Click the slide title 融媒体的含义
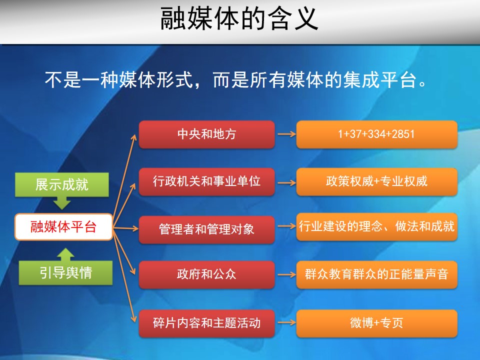[x=239, y=19]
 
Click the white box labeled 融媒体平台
[x=63, y=227]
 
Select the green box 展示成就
[x=62, y=184]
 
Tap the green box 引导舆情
[x=65, y=273]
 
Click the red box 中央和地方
[x=206, y=134]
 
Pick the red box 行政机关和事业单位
[x=206, y=181]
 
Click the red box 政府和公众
[x=206, y=274]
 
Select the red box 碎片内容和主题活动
[x=206, y=323]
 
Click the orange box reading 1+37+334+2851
[x=377, y=134]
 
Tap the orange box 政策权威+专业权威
[x=377, y=181]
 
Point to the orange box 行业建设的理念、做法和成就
[x=377, y=226]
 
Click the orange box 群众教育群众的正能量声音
[x=377, y=274]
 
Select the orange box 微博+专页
[x=377, y=323]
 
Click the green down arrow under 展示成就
[x=62, y=202]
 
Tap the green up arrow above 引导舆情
[x=65, y=254]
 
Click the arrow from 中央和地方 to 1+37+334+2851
[x=286, y=134]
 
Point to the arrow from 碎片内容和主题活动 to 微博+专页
[x=286, y=322]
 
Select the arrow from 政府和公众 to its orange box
[x=286, y=274]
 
